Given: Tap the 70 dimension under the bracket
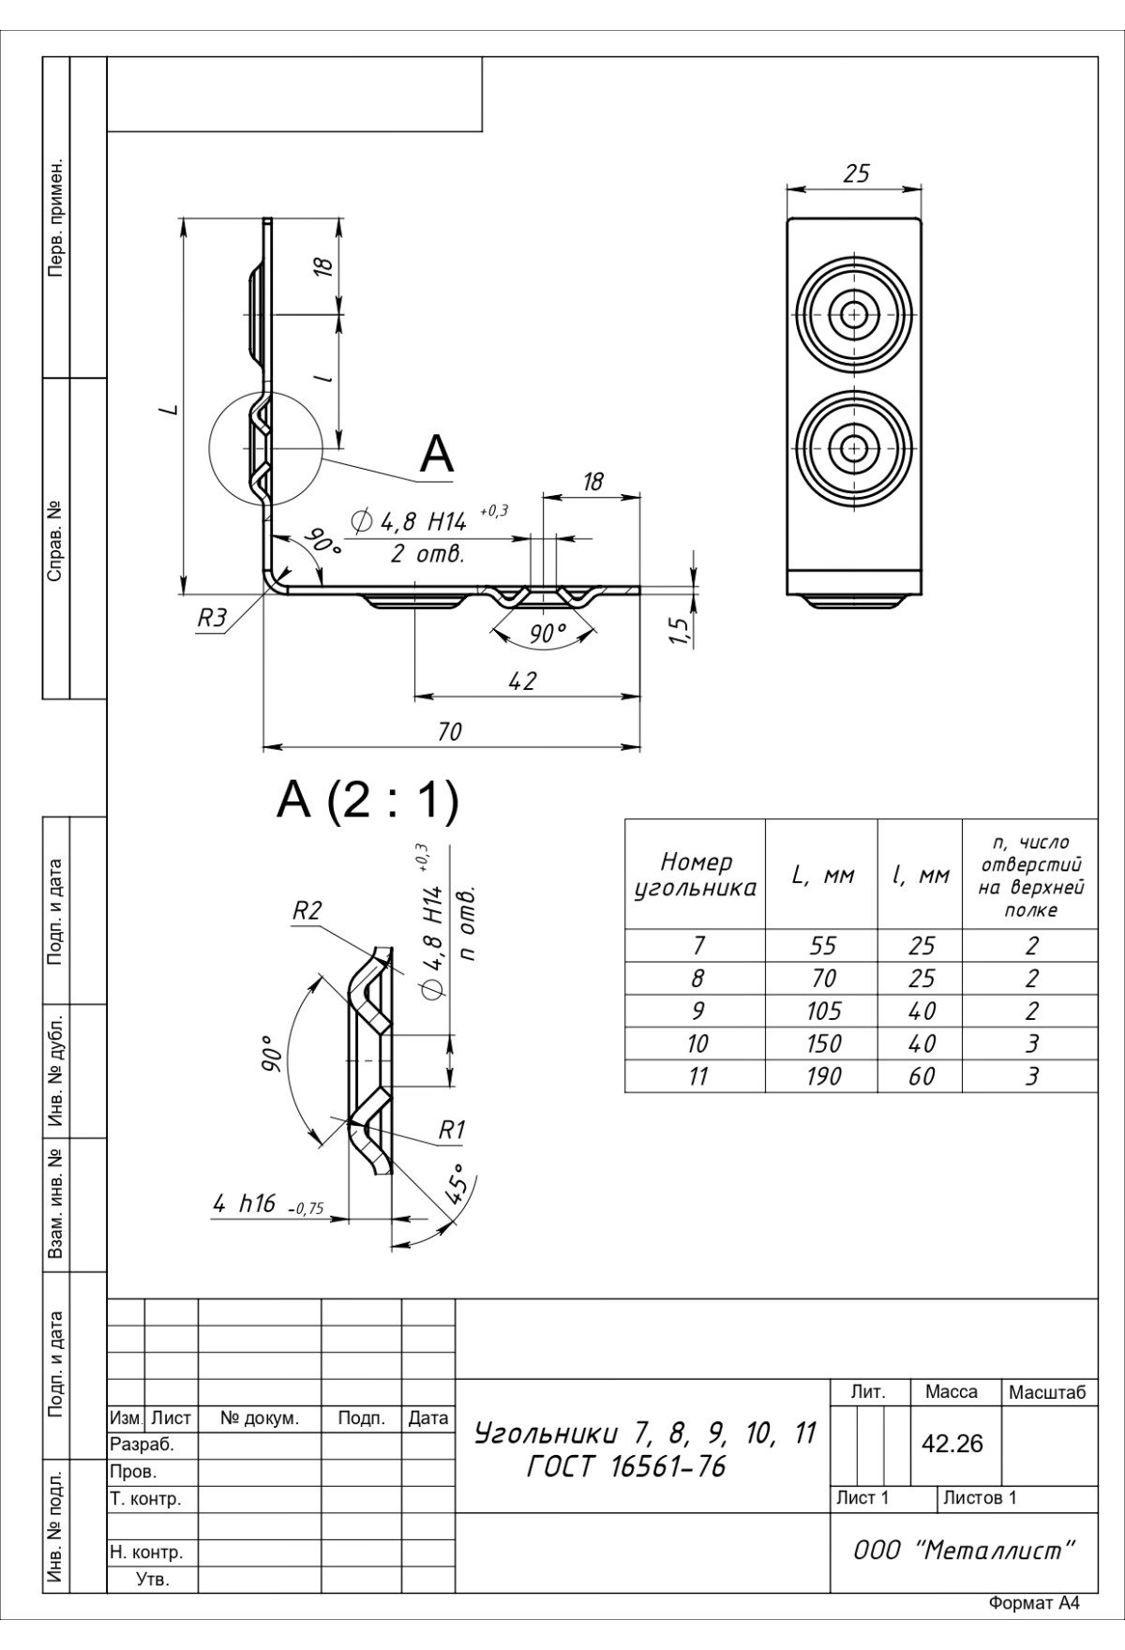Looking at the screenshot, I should [450, 732].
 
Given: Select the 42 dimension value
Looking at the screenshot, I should [521, 682].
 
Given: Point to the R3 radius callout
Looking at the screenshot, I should [212, 619].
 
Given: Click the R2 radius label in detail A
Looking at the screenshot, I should [307, 910].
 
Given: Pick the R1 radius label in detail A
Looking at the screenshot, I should [452, 1131].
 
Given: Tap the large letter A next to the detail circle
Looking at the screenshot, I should [437, 456].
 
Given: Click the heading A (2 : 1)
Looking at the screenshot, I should [367, 802].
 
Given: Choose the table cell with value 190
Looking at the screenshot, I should [823, 1076].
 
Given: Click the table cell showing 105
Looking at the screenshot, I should [823, 1011].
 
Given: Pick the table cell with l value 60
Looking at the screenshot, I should [921, 1076].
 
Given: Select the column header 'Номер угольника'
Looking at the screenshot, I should [696, 875].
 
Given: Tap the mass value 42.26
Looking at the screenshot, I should [952, 1444].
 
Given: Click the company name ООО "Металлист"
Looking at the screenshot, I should [964, 1551].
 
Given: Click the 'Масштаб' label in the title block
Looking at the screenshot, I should [1047, 1393].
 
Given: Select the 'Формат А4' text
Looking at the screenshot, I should [1034, 1629].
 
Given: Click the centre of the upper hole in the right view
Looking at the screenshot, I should [853, 313].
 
